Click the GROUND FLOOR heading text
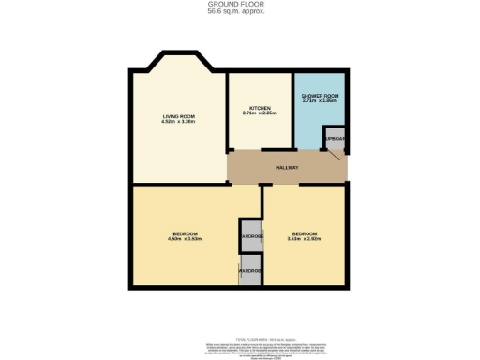click(x=239, y=4)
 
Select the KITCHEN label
click(x=259, y=107)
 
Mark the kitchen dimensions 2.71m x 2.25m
click(x=259, y=112)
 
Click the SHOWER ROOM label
click(x=319, y=97)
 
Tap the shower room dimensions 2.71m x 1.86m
click(x=319, y=102)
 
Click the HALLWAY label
click(x=287, y=168)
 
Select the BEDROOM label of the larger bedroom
click(x=185, y=232)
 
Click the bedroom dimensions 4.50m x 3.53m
click(x=185, y=239)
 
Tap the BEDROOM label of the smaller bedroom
click(x=304, y=232)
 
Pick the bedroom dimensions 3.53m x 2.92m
click(x=304, y=239)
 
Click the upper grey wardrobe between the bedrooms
click(x=250, y=235)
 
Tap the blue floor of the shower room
click(x=309, y=127)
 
